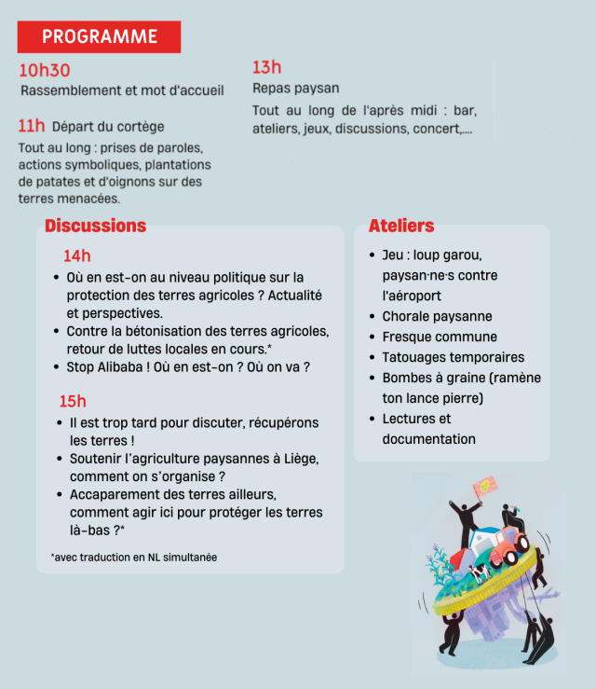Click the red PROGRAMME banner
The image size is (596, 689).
[99, 36]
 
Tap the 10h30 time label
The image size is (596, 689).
[45, 71]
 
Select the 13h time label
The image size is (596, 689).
[266, 67]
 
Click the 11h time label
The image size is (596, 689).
[32, 126]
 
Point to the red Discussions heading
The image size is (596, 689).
[95, 226]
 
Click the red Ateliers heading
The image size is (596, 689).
[401, 226]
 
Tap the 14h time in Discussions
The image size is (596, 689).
[77, 255]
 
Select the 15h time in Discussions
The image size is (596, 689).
[73, 401]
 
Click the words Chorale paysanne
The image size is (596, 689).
[437, 316]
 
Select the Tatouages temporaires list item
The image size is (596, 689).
[453, 357]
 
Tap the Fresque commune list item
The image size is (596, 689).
[440, 337]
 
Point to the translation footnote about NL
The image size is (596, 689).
[134, 557]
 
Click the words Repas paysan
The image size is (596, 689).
[296, 89]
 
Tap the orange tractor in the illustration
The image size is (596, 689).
[509, 546]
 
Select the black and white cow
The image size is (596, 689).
[479, 572]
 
